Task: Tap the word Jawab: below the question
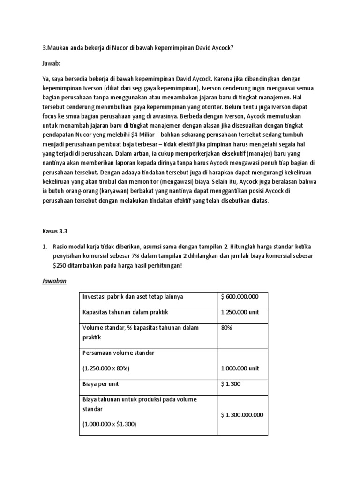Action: tap(52, 62)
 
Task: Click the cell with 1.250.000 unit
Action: tap(239, 312)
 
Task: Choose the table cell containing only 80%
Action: tap(227, 328)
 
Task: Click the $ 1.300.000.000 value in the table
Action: tap(242, 414)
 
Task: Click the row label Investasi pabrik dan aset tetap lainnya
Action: tap(133, 297)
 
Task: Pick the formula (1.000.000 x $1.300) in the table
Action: tap(109, 424)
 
